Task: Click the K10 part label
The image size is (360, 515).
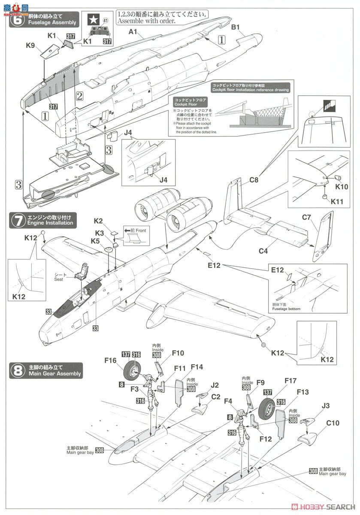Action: pos(342,188)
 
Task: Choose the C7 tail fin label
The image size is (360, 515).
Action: pos(318,218)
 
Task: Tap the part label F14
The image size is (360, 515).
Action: pos(197,367)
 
